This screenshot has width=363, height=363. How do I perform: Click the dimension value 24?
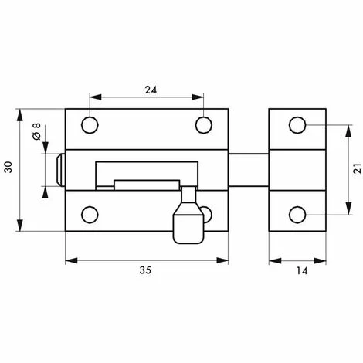[151, 90]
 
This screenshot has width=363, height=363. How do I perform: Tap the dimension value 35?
[145, 270]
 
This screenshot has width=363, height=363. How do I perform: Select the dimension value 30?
[8, 167]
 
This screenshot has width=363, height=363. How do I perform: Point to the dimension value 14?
[302, 271]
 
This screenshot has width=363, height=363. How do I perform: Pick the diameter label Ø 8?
[37, 131]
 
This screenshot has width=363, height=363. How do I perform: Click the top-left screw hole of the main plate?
[90, 125]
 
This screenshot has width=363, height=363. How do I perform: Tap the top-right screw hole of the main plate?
[204, 125]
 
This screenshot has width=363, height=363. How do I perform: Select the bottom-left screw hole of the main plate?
[90, 215]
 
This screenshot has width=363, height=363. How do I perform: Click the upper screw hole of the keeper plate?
[297, 125]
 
